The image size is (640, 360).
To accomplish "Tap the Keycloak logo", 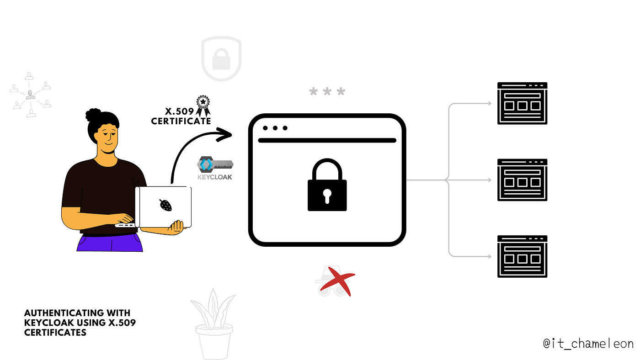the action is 215,168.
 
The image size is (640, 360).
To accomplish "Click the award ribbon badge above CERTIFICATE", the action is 203,106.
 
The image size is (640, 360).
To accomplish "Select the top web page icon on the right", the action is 522,103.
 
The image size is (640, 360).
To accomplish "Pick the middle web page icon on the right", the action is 522,180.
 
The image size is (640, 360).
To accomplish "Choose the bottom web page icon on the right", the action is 522,256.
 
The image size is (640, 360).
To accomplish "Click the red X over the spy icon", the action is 338,281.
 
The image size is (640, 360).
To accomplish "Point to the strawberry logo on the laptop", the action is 165,205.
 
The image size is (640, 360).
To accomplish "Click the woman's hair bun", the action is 93,115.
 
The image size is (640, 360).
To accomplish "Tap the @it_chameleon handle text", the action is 588,344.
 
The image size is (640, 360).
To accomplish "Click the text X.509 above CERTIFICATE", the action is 179,111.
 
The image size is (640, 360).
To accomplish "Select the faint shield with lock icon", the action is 221,58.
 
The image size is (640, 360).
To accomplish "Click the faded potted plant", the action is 214,324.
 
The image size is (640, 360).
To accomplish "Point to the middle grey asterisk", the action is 327,91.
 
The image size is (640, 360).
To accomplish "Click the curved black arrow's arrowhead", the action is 224,134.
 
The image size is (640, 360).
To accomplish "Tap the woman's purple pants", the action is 110,243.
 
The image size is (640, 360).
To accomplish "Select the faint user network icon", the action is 31,95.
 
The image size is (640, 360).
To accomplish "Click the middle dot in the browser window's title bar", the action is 275,128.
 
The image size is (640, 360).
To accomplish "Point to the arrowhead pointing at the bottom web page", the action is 489,256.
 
